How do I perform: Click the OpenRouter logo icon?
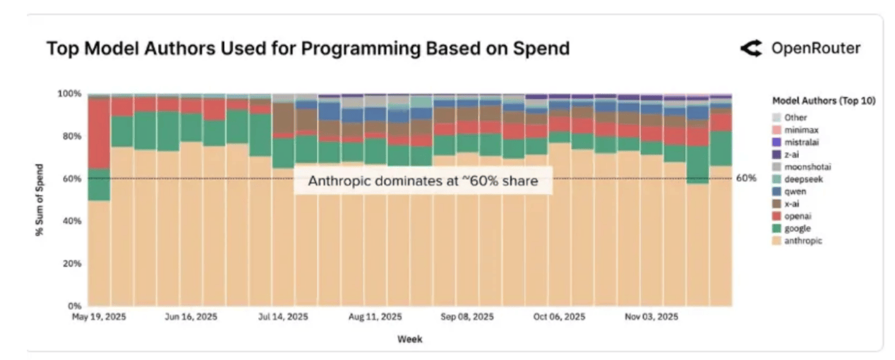click(x=751, y=49)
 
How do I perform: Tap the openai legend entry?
click(x=797, y=216)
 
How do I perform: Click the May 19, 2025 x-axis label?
click(x=99, y=318)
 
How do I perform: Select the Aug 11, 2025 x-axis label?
click(x=375, y=318)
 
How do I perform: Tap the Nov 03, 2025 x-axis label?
click(x=651, y=318)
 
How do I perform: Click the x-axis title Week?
click(x=409, y=340)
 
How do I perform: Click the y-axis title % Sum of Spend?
click(x=41, y=200)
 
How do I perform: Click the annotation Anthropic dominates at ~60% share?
click(x=423, y=181)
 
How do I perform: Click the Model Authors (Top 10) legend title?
click(x=824, y=101)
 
